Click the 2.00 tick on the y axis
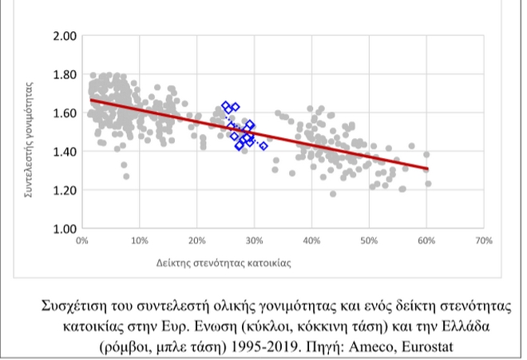[64, 36]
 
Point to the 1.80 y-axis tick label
[64, 74]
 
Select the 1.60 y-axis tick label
[64, 113]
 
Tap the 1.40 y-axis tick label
[64, 151]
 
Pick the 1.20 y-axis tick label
[64, 190]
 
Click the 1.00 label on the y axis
[64, 228]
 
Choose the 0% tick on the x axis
[81, 240]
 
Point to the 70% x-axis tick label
[482, 240]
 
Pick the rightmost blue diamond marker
[263, 145]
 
